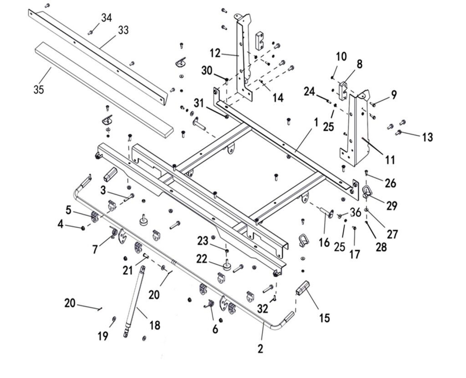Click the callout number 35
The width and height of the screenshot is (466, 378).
coord(39,89)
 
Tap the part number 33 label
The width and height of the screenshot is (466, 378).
coord(123,30)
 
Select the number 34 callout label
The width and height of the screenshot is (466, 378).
coord(106,18)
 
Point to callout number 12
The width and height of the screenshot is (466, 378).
coord(215,53)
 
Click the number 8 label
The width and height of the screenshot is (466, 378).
coord(360,64)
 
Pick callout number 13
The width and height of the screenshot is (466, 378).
coord(427,136)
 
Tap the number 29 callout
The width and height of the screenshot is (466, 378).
coord(392,206)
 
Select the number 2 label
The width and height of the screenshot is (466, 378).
coord(260,349)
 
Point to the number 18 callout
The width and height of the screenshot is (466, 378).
coord(155,325)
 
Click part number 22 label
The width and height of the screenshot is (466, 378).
coord(202,258)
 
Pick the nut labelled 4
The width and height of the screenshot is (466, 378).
coord(83,228)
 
